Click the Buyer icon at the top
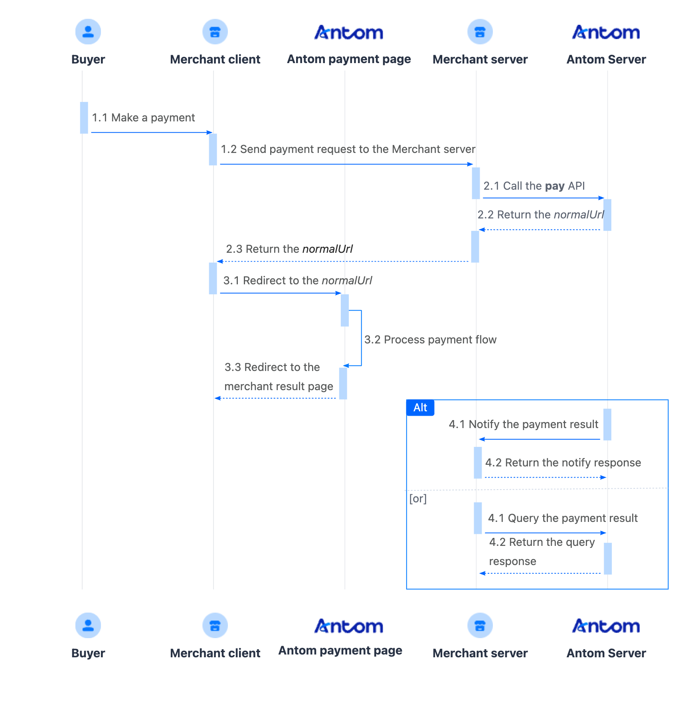[x=88, y=32]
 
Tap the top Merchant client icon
[x=215, y=32]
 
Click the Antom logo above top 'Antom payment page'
[x=348, y=32]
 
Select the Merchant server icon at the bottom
[x=480, y=625]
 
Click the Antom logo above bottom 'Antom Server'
[x=606, y=626]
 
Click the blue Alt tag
[x=420, y=408]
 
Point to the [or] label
[x=418, y=498]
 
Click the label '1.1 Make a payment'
[x=143, y=118]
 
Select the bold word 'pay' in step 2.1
[x=555, y=186]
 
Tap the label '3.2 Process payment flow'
[x=430, y=340]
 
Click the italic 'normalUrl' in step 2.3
[x=327, y=249]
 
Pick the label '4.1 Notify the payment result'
[x=523, y=424]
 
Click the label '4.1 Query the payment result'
[x=563, y=518]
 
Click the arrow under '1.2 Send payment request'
[x=346, y=164]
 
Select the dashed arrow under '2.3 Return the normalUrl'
[x=343, y=262]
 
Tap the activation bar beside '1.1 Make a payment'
[x=84, y=117]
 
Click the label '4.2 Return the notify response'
[x=563, y=463]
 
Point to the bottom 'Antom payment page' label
[x=340, y=651]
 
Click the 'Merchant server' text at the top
[x=480, y=59]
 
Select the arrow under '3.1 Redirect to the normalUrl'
[x=280, y=293]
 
